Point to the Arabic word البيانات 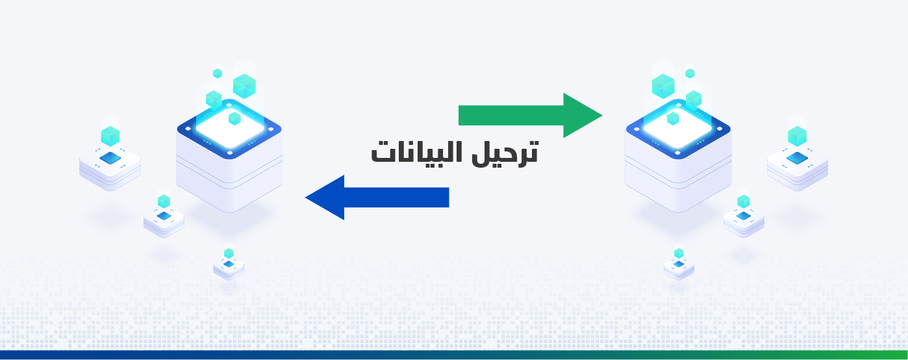pyautogui.click(x=412, y=152)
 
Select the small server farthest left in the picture pyautogui.click(x=110, y=163)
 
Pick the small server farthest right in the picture pyautogui.click(x=798, y=163)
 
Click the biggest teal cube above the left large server pyautogui.click(x=244, y=86)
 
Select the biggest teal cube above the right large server pyautogui.click(x=663, y=86)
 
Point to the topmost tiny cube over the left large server pyautogui.click(x=218, y=73)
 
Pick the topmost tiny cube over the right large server pyautogui.click(x=690, y=73)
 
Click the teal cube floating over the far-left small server pyautogui.click(x=110, y=136)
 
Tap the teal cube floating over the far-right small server pyautogui.click(x=797, y=136)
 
